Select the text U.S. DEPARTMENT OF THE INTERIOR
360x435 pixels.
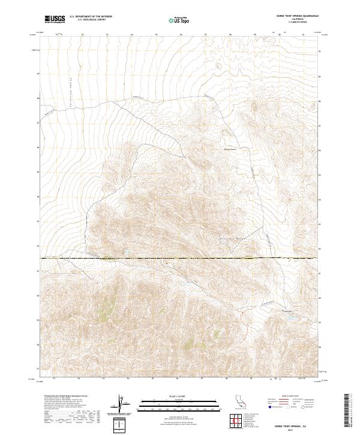point(91,17)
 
